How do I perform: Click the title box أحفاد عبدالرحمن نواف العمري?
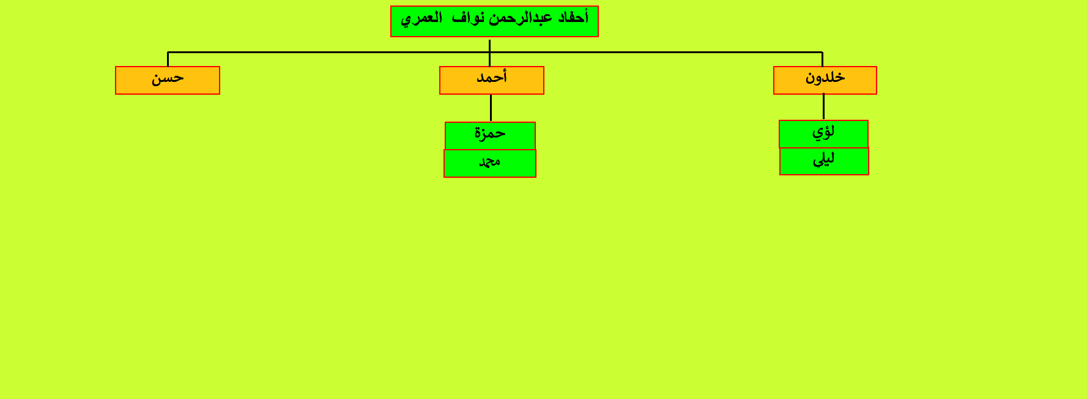point(494,21)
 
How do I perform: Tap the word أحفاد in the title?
point(573,17)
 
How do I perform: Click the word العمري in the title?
point(421,18)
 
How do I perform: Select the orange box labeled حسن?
point(168,80)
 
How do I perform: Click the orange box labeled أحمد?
point(492,80)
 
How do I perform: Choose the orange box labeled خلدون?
point(825,80)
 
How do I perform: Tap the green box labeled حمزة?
point(490,136)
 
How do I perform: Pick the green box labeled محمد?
point(490,163)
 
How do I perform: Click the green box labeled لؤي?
point(823,134)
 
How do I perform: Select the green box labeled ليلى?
point(824,161)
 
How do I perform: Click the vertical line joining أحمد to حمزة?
point(491,108)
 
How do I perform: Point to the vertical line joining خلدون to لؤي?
point(823,107)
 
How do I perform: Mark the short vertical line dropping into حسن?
point(168,59)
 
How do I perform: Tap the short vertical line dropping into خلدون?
point(822,59)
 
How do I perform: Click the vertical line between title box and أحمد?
point(489,53)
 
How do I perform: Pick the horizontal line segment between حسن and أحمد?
point(328,52)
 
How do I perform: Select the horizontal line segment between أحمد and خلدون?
point(656,52)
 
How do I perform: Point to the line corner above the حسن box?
point(168,52)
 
